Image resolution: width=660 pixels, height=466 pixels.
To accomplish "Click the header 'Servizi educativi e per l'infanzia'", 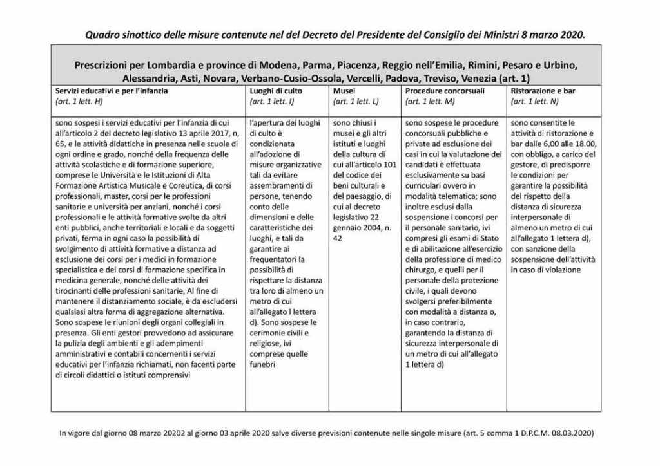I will tap(112, 91).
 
